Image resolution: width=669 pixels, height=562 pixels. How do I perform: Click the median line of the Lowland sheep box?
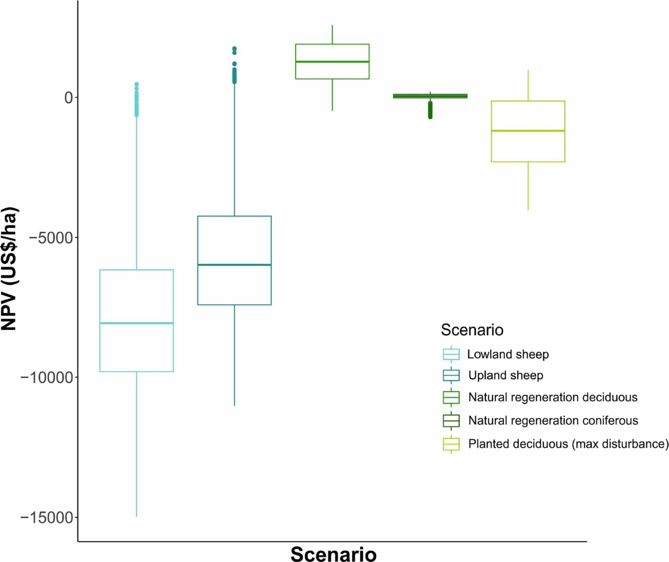click(x=137, y=323)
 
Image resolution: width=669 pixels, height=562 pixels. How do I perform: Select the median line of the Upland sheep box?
click(x=234, y=265)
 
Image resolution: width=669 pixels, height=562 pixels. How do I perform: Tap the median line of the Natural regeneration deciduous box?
click(x=332, y=61)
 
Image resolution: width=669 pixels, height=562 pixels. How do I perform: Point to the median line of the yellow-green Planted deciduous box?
click(x=528, y=131)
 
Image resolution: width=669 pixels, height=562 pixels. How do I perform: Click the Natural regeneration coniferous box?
click(x=430, y=96)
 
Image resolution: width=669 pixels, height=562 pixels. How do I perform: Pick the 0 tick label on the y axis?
click(x=69, y=97)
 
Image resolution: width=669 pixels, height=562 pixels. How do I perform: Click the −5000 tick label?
click(x=51, y=238)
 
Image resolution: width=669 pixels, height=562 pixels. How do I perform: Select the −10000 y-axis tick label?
click(x=47, y=377)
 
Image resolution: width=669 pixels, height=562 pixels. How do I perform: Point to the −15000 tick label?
click(x=47, y=517)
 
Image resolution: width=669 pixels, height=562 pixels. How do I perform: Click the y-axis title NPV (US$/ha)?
click(x=9, y=268)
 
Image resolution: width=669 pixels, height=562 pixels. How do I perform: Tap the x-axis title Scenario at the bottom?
click(x=333, y=553)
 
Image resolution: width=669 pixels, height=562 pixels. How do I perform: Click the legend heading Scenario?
click(x=472, y=330)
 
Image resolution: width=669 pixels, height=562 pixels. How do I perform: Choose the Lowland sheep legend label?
click(x=508, y=354)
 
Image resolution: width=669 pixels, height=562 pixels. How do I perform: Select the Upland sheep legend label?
click(x=505, y=375)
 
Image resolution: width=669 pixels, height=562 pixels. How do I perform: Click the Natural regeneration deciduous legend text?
click(x=553, y=397)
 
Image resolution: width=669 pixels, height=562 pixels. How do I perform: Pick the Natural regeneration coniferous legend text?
click(x=553, y=420)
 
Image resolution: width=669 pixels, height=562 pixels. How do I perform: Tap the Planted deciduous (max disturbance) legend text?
click(x=568, y=444)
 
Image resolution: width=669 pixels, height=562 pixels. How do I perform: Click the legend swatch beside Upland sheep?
click(x=451, y=375)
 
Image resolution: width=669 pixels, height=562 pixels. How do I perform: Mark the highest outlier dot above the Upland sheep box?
click(x=234, y=48)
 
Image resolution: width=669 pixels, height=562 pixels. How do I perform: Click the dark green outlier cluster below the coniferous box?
click(x=430, y=110)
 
